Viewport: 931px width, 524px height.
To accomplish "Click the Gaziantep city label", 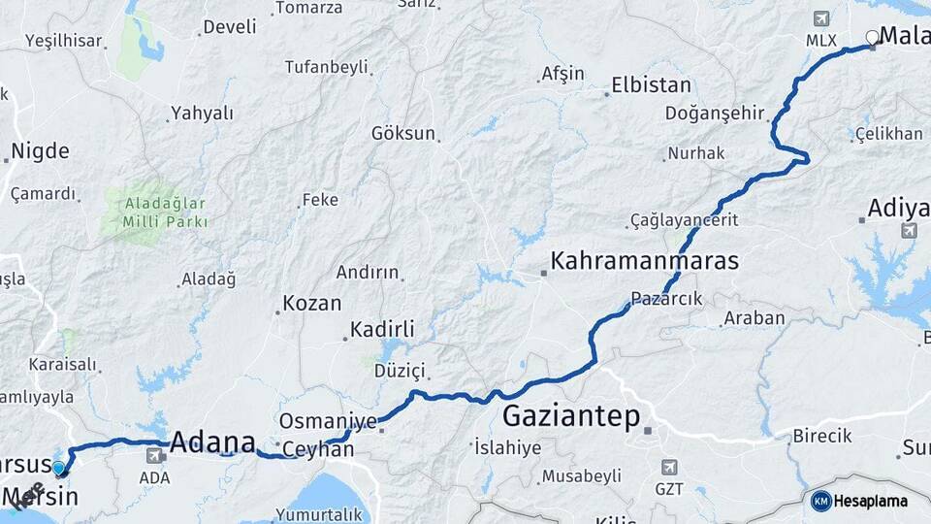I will pyautogui.click(x=571, y=418).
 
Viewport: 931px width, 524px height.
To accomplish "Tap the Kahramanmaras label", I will pyautogui.click(x=645, y=261).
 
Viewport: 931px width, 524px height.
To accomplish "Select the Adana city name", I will pyautogui.click(x=212, y=442).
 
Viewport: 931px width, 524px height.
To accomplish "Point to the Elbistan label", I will pyautogui.click(x=652, y=85).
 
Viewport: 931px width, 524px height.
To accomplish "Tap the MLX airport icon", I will pyautogui.click(x=821, y=19).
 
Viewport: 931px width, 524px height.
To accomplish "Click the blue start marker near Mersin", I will pyautogui.click(x=59, y=469).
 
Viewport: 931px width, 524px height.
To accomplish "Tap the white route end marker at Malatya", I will pyautogui.click(x=872, y=38).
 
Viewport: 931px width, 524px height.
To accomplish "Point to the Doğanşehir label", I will pyautogui.click(x=715, y=113).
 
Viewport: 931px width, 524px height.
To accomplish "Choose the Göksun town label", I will pyautogui.click(x=403, y=133).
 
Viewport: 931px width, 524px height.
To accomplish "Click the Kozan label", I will pyautogui.click(x=311, y=304).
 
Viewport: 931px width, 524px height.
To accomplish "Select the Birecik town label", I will pyautogui.click(x=822, y=436).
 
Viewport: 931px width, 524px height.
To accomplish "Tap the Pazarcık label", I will pyautogui.click(x=666, y=299).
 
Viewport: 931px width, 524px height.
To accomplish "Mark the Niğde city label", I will pyautogui.click(x=40, y=151).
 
